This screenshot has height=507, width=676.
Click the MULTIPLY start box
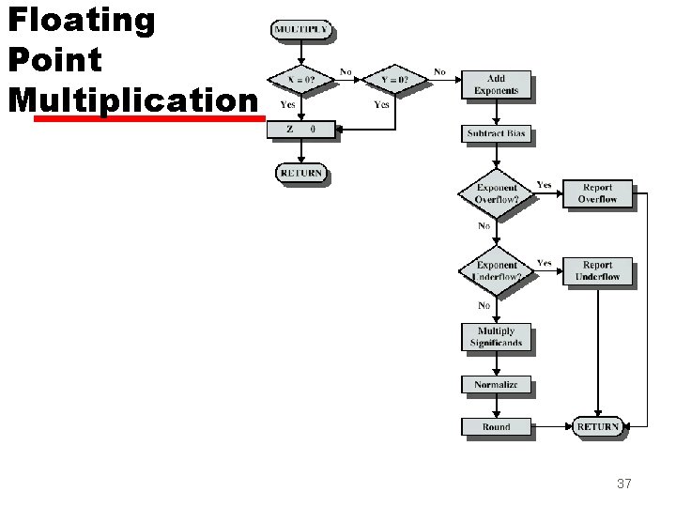(x=300, y=29)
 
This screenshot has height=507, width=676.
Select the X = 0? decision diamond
(x=300, y=80)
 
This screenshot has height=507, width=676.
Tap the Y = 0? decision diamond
(x=395, y=80)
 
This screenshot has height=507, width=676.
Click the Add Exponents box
(x=497, y=84)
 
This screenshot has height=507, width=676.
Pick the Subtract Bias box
(x=497, y=134)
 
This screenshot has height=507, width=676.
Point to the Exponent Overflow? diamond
(x=497, y=192)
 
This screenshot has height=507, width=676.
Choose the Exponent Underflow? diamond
(x=497, y=271)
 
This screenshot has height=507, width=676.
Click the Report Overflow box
(x=597, y=193)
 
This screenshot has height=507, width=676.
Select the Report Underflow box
(x=597, y=271)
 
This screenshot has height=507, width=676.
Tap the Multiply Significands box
(x=497, y=337)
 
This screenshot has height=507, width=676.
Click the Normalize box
(x=497, y=385)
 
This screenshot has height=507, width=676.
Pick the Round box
(x=497, y=427)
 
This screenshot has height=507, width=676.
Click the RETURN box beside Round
(x=597, y=427)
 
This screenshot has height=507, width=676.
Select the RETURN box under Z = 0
(x=300, y=173)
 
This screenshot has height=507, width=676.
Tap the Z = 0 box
(x=300, y=129)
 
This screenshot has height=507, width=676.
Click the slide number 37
(x=623, y=484)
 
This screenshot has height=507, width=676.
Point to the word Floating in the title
(x=81, y=21)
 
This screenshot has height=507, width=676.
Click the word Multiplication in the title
(x=131, y=100)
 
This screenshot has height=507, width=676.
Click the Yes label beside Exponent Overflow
(x=544, y=185)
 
